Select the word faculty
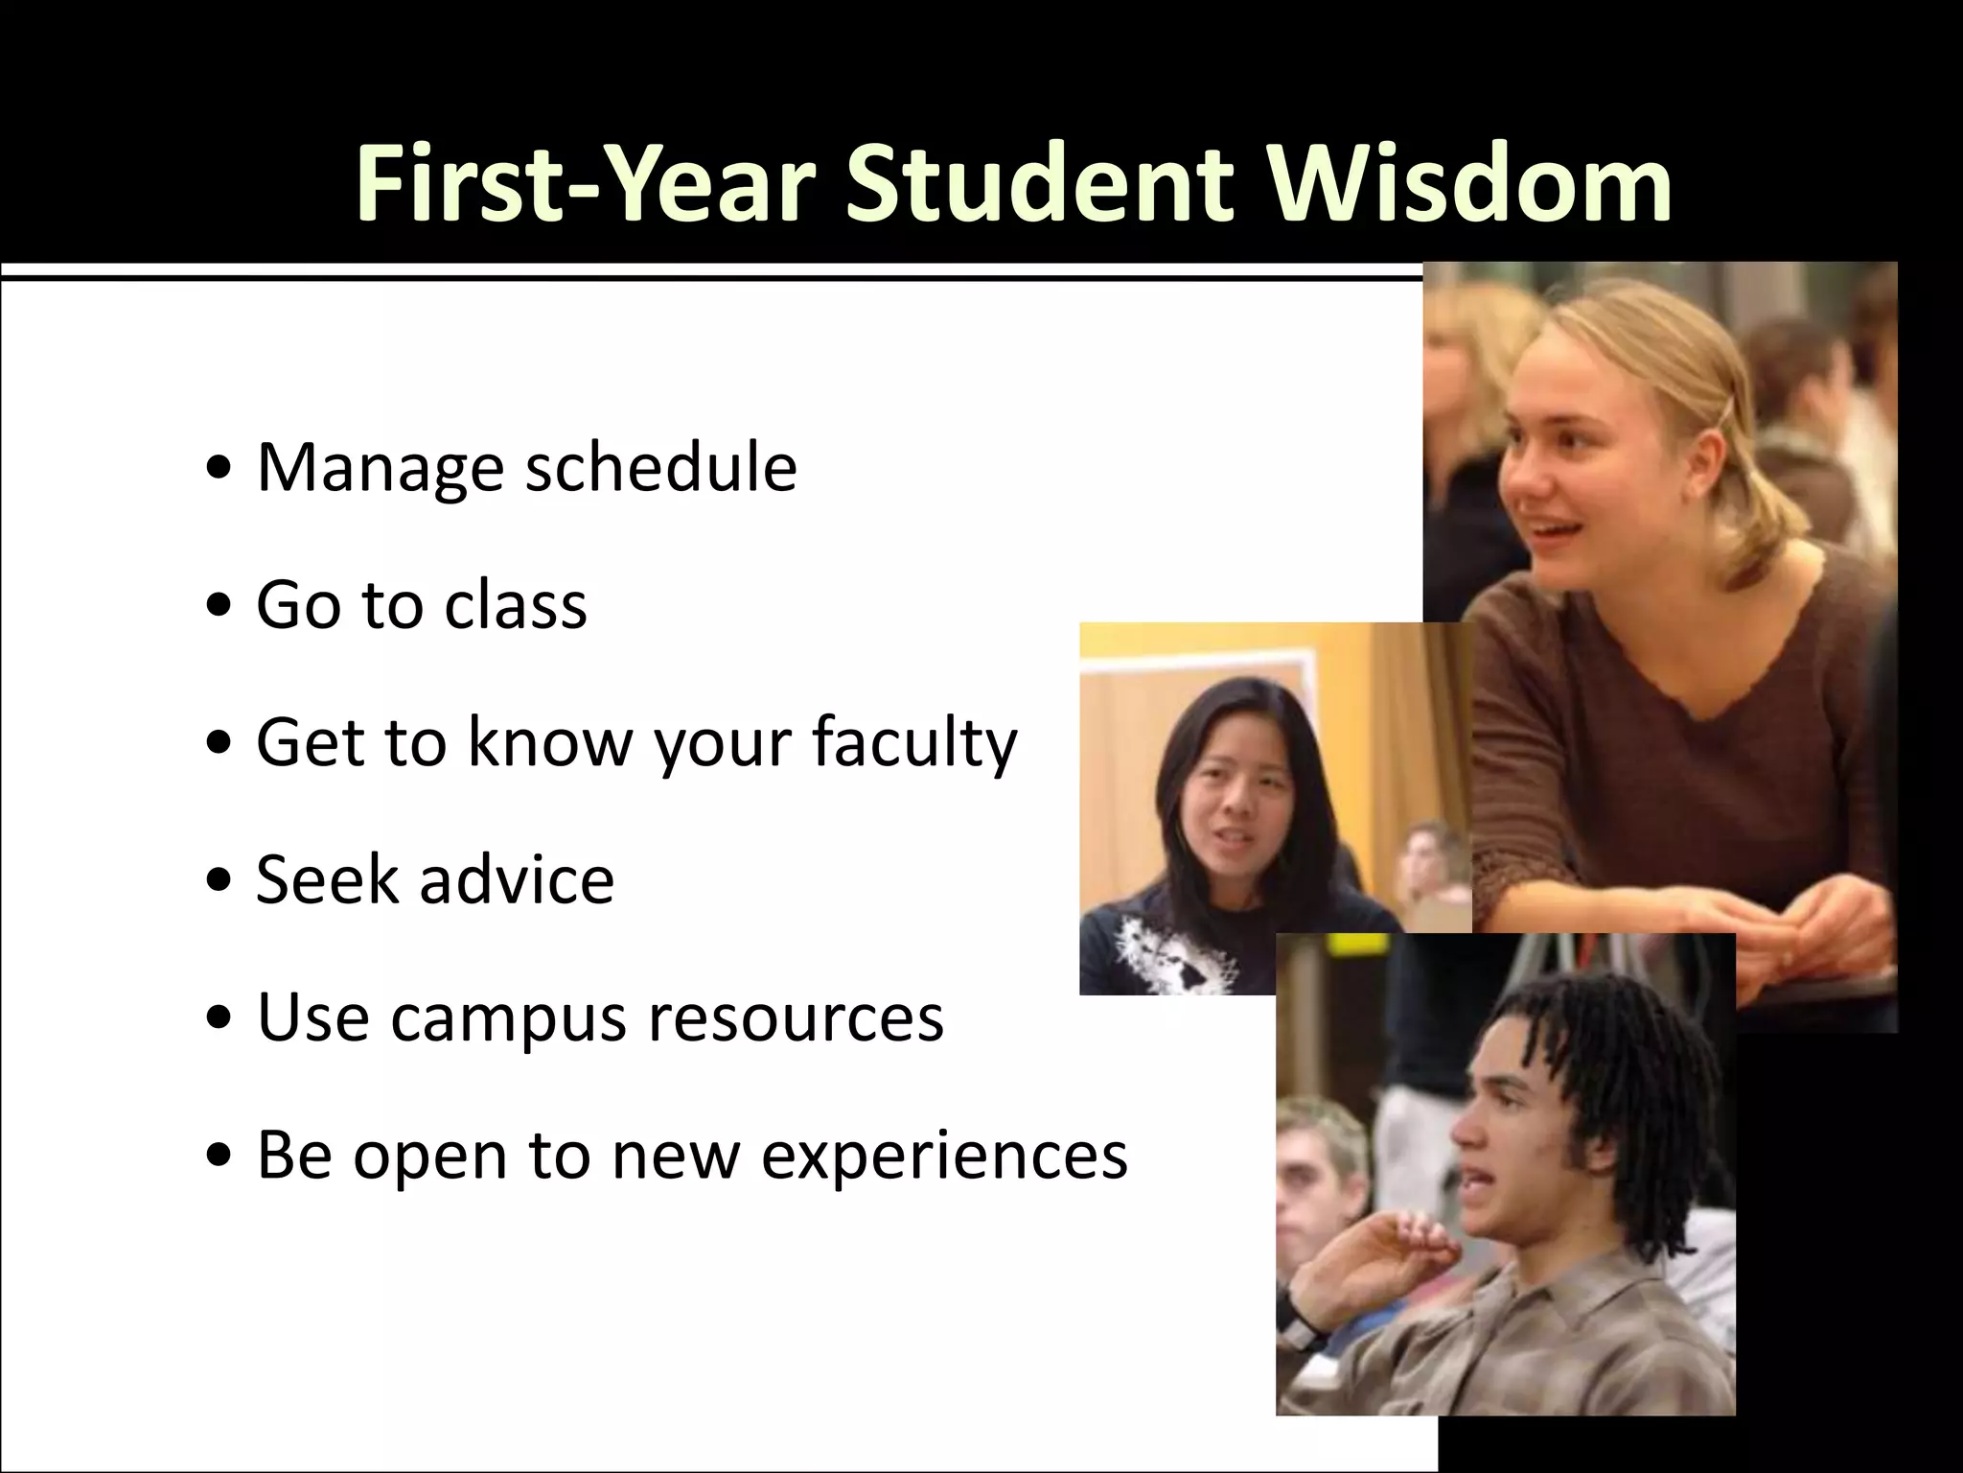coord(913,743)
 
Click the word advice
coord(517,879)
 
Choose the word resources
coord(796,1018)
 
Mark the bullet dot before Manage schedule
coord(221,471)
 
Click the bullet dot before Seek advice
coord(221,882)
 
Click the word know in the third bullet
coord(546,743)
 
